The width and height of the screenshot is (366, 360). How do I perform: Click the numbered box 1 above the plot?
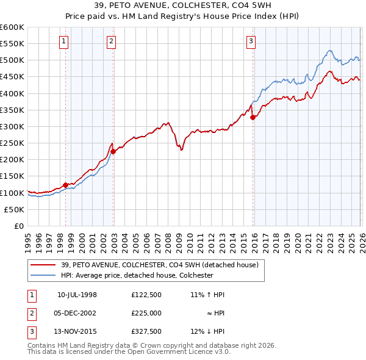coord(65,41)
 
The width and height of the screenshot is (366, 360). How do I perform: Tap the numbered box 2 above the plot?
coord(112,41)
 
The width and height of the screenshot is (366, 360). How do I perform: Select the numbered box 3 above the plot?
coord(251,41)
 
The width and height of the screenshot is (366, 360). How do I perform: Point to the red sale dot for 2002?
coord(113,151)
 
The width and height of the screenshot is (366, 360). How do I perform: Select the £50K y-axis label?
coord(15,209)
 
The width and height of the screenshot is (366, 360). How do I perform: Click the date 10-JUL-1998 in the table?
coord(77,295)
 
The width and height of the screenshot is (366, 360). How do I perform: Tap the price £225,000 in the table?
coord(146,313)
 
